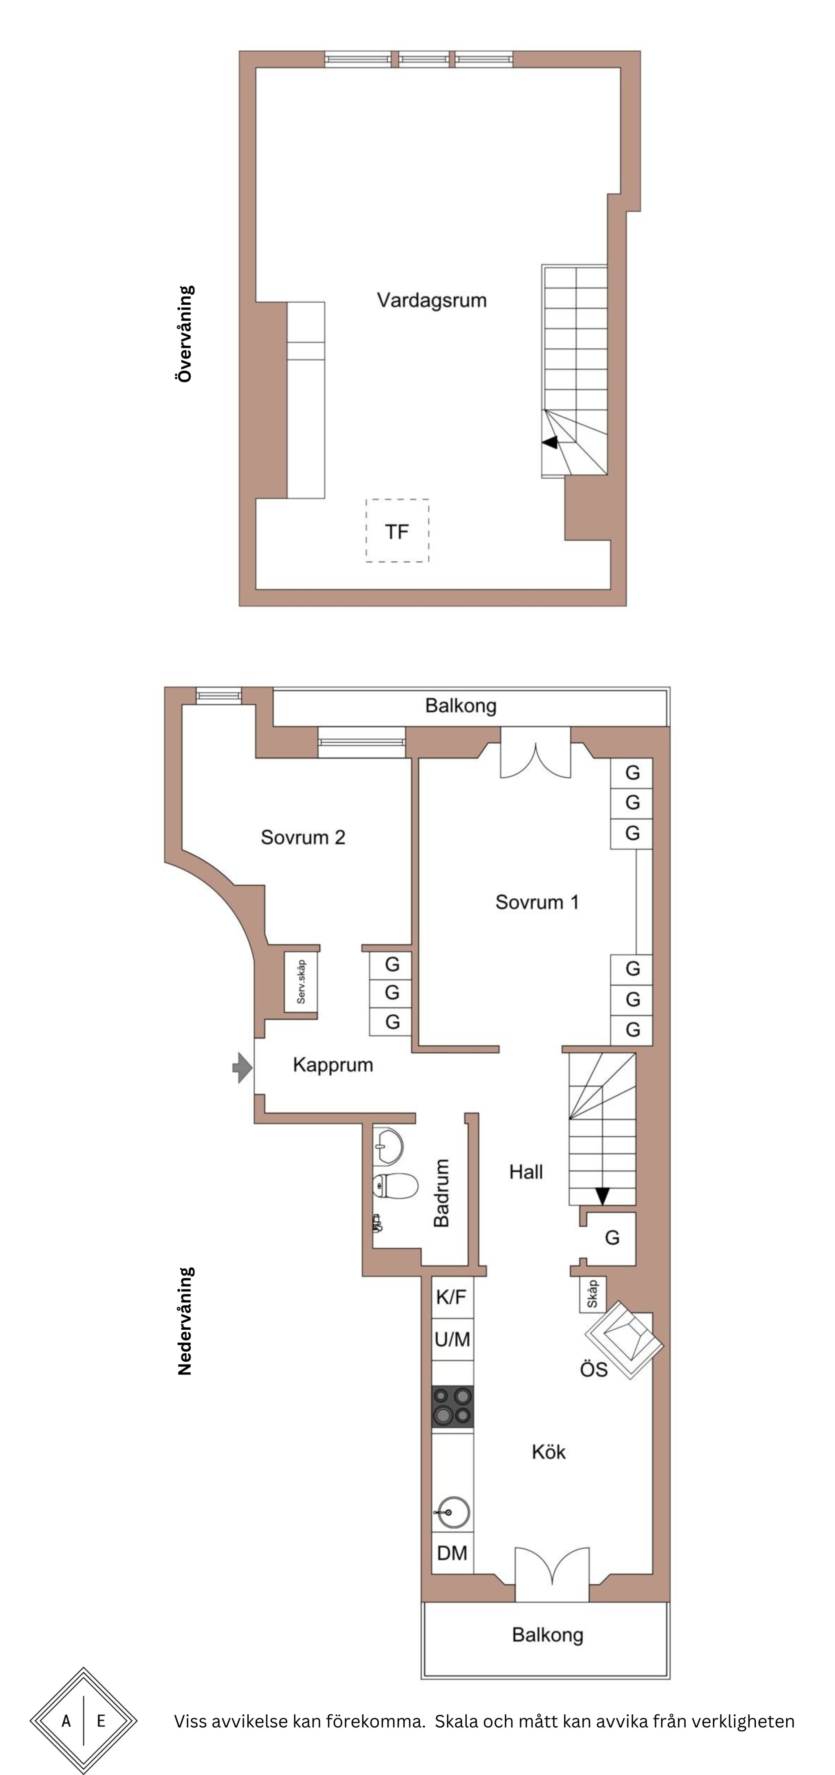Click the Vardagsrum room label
432,300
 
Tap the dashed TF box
397,530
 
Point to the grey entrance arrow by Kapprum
242,1067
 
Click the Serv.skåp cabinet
301,982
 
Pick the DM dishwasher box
452,1553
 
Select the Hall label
526,1171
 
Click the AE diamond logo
84,1720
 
